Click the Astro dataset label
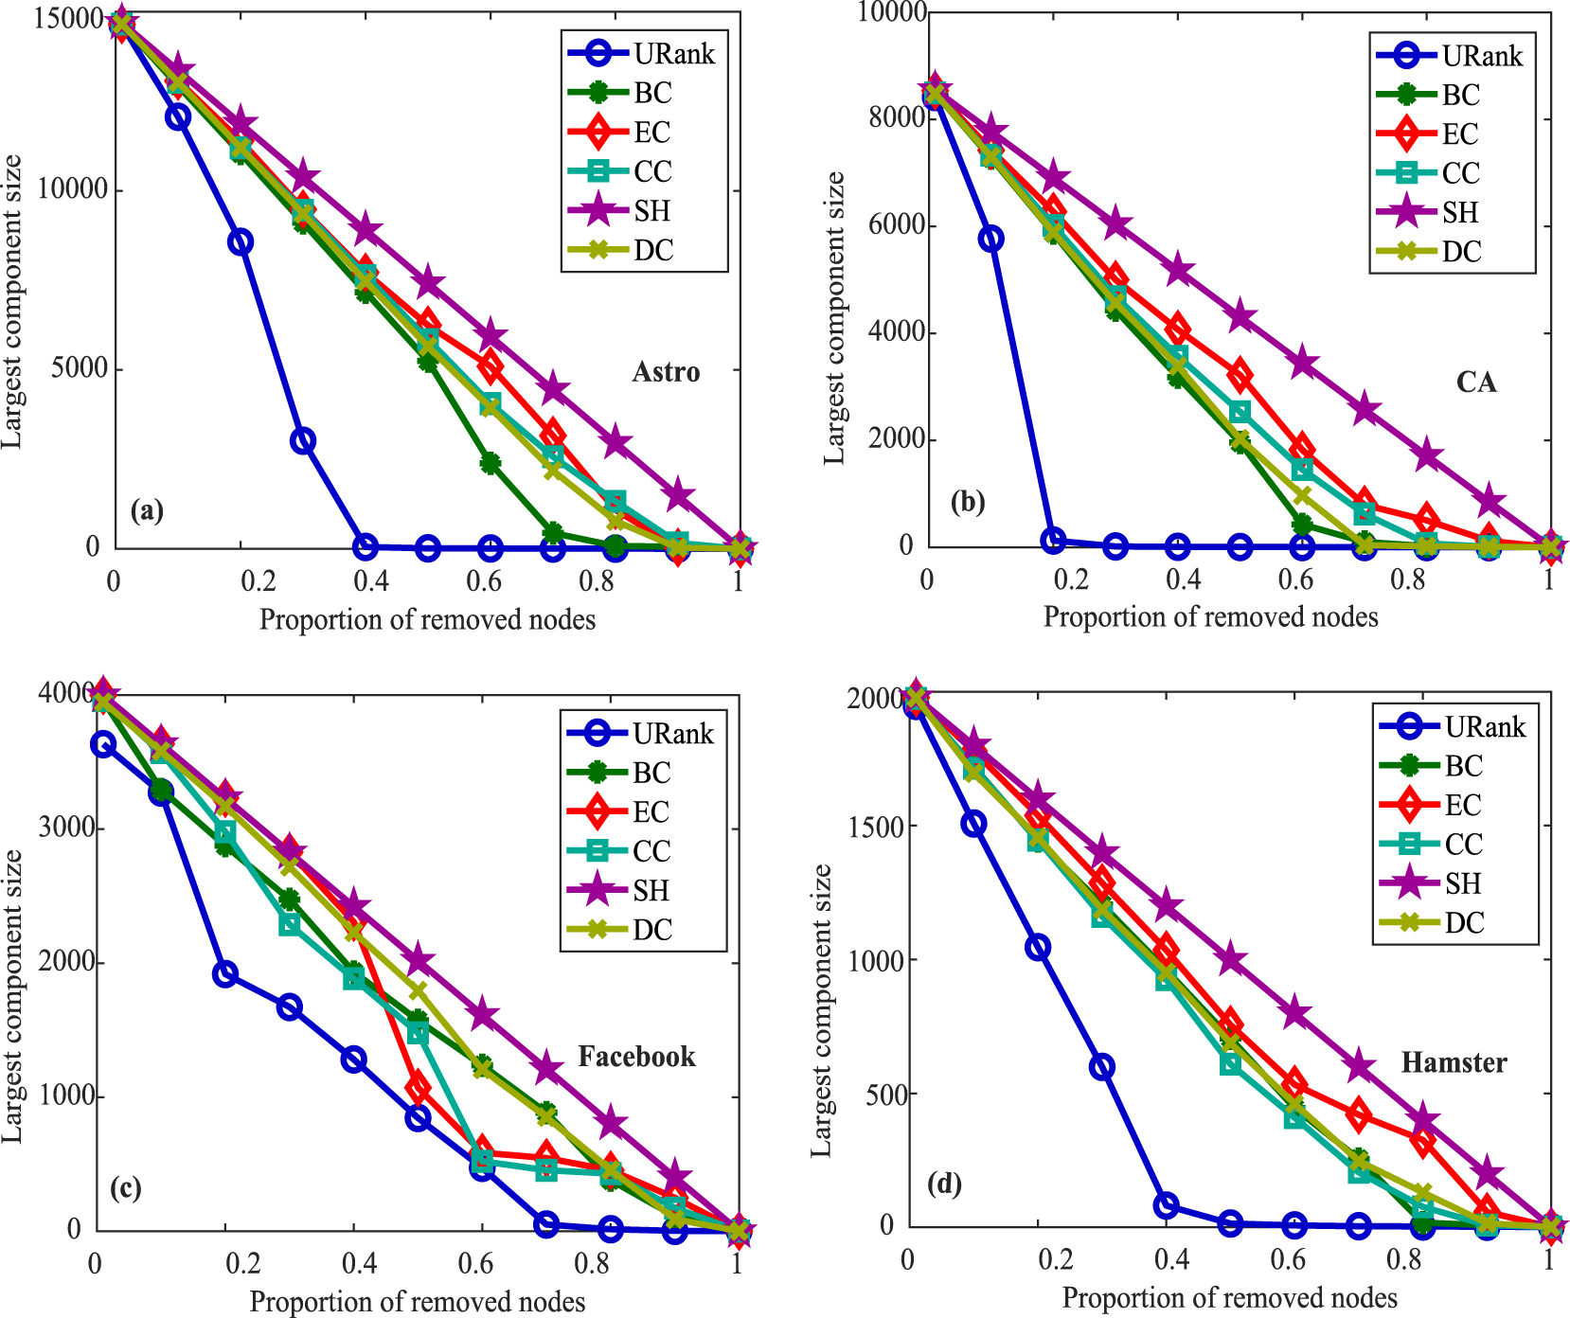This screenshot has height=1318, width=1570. [x=666, y=372]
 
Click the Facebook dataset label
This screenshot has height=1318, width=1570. [x=636, y=1057]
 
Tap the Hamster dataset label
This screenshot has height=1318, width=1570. [x=1454, y=1062]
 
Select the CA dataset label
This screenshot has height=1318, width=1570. [x=1475, y=383]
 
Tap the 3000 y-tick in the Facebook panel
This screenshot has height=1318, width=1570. [x=66, y=828]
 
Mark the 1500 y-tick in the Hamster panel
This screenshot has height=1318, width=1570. [x=876, y=826]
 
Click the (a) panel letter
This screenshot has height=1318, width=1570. [x=147, y=511]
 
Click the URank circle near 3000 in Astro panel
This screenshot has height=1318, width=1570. [x=302, y=440]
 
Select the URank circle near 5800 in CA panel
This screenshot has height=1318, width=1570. [x=990, y=239]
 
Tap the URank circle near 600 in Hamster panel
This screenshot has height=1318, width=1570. [x=1101, y=1067]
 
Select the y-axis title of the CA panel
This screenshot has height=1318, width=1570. [x=833, y=317]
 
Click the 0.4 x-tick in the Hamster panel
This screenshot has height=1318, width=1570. [x=1172, y=1260]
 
